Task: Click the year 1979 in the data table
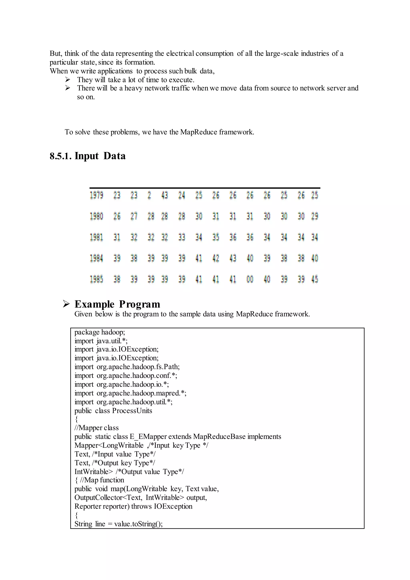[x=96, y=195]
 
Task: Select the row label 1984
[x=96, y=258]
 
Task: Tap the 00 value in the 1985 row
[x=250, y=279]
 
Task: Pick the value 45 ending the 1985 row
[x=315, y=279]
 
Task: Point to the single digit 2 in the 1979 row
[x=149, y=195]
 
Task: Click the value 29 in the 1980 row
[x=315, y=216]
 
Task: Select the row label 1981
[x=96, y=237]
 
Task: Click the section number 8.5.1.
[x=61, y=156]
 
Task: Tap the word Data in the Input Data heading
[x=114, y=156]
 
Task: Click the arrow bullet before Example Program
[x=66, y=304]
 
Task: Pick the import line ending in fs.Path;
[x=127, y=367]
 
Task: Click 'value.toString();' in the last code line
[x=138, y=524]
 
